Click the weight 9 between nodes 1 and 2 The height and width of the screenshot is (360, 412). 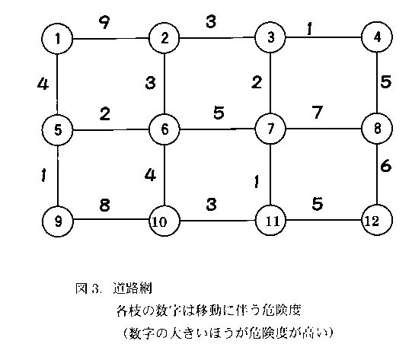(104, 22)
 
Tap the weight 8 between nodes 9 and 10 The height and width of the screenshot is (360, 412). (104, 205)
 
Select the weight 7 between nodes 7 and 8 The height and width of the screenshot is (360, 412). (317, 112)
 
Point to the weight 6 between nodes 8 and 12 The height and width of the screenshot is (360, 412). (385, 166)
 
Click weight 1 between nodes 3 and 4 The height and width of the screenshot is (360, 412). (309, 29)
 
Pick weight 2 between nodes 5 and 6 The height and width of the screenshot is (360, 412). (105, 113)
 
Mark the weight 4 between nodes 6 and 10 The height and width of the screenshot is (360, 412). (150, 175)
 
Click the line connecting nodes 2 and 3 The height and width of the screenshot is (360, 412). (217, 38)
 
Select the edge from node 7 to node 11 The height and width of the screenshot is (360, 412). (270, 174)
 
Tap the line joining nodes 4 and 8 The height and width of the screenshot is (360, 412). (377, 83)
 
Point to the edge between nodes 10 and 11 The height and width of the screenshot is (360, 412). (218, 221)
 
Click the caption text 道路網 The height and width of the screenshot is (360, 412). (133, 288)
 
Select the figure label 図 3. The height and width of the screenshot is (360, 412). (88, 288)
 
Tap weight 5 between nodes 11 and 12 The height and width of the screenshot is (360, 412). (317, 203)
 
